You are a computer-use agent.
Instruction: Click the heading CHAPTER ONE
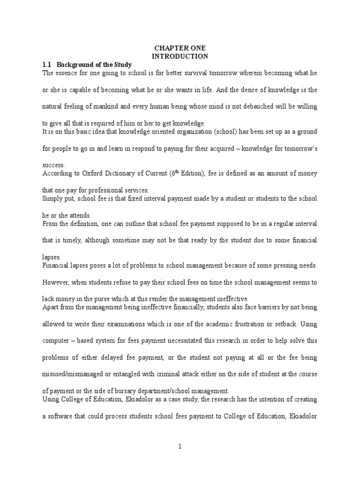pyautogui.click(x=180, y=48)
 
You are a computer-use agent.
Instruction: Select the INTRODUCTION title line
pyautogui.click(x=180, y=56)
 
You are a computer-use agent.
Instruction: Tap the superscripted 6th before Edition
pyautogui.click(x=175, y=172)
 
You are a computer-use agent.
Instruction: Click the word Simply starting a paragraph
pyautogui.click(x=54, y=199)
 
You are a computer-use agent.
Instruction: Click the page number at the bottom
pyautogui.click(x=180, y=447)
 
